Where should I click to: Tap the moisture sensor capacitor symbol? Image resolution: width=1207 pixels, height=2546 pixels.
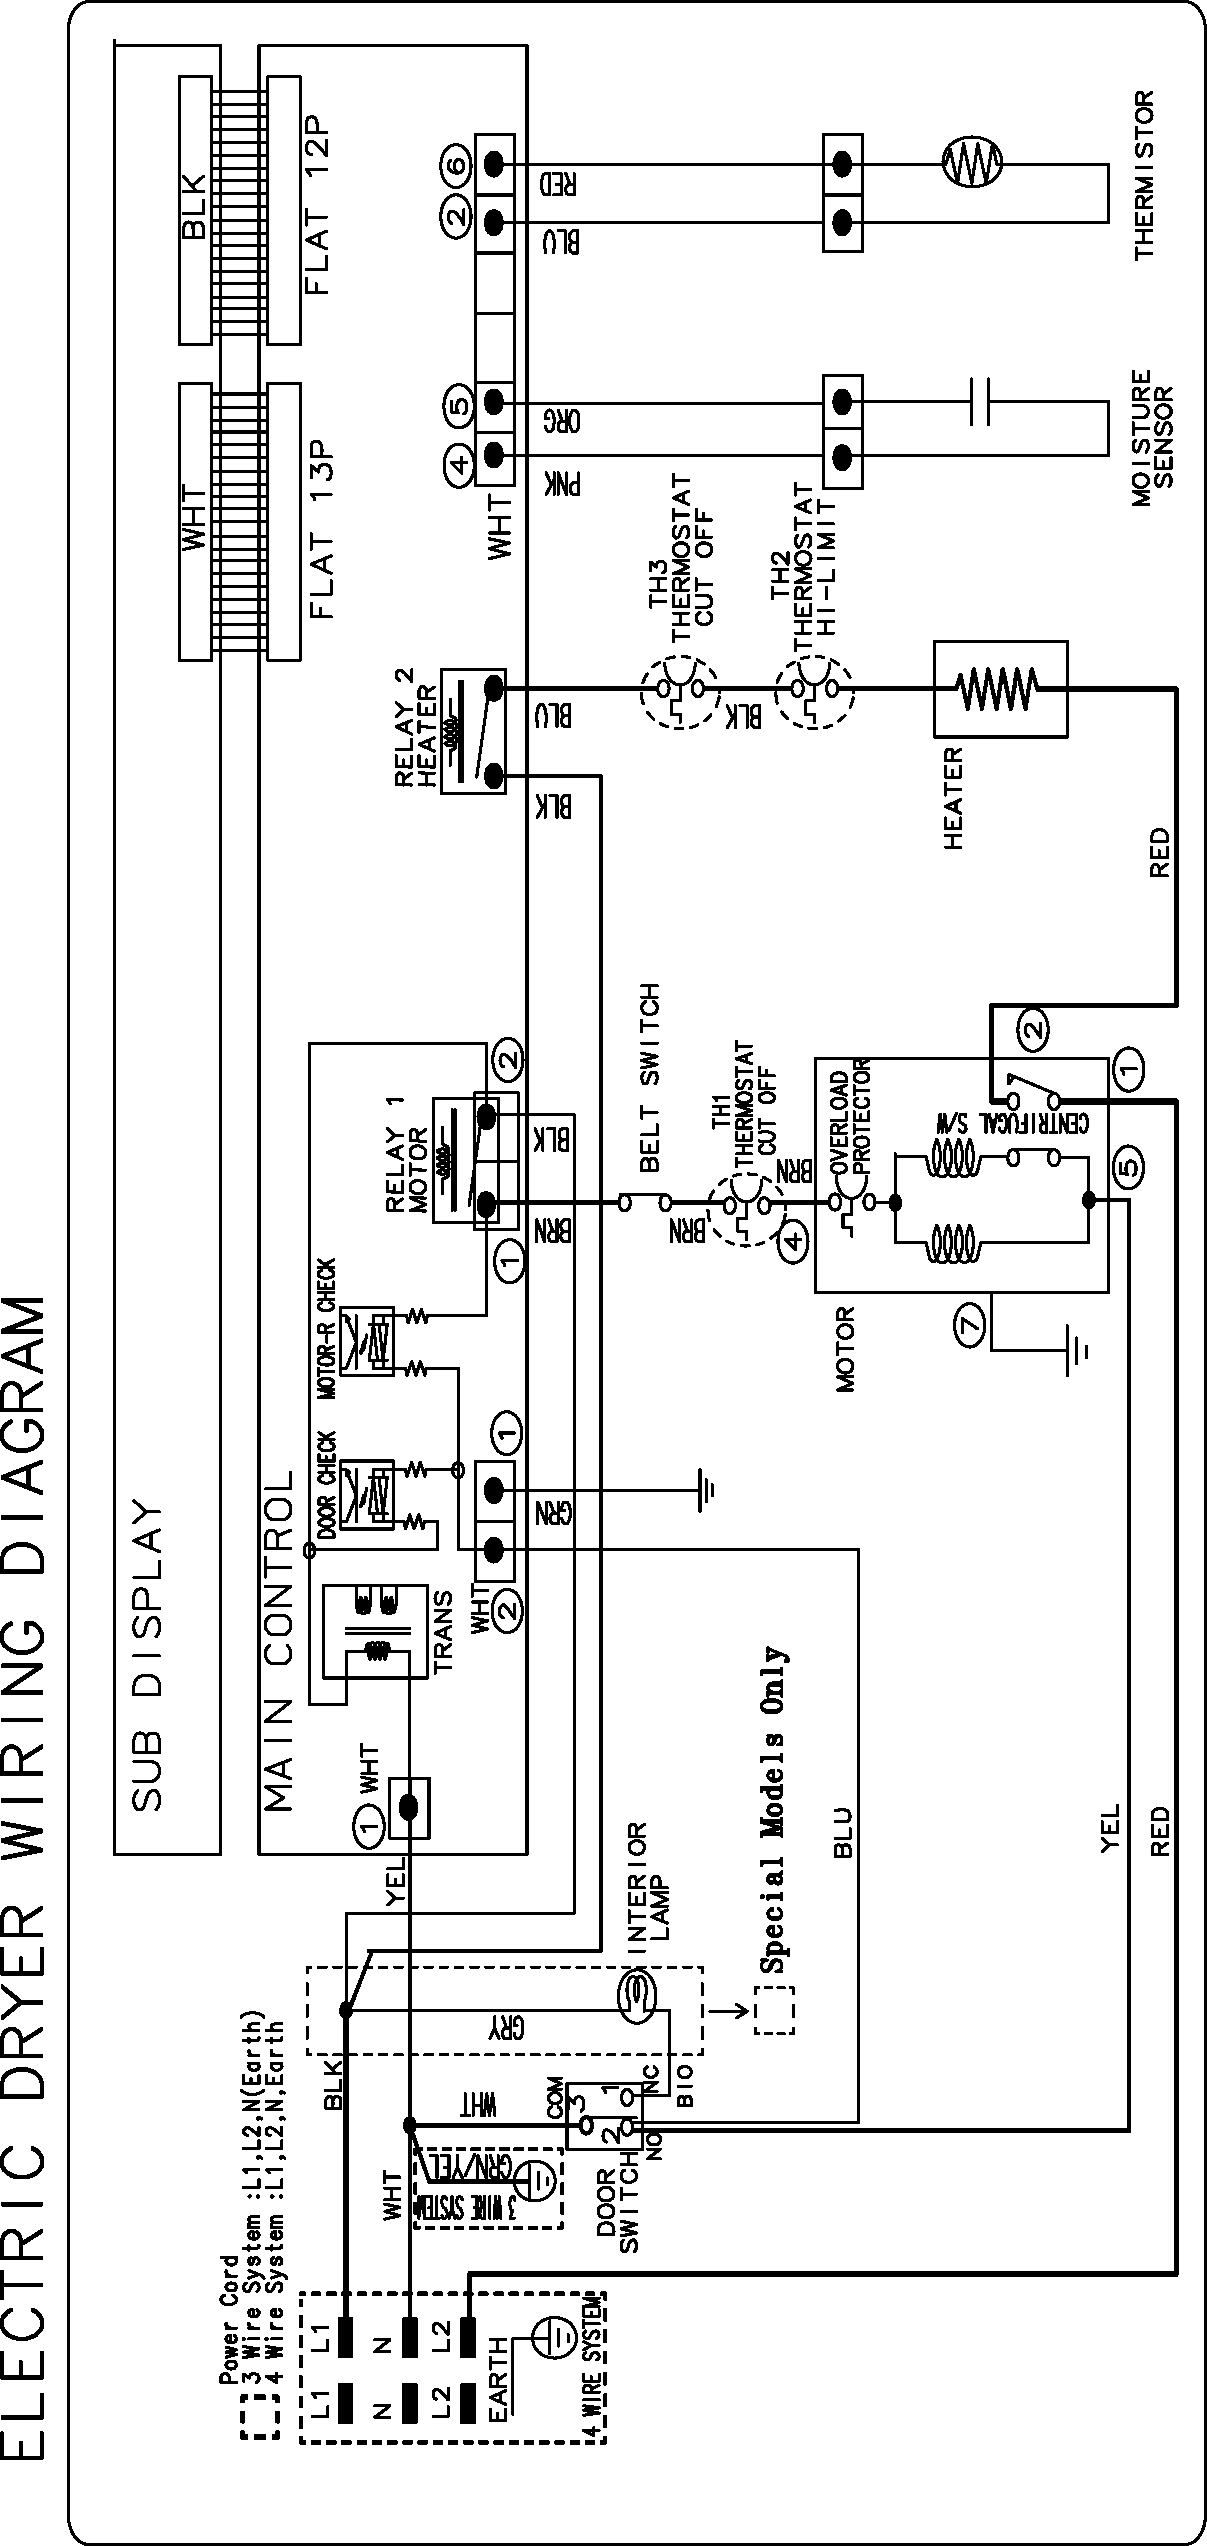pos(980,402)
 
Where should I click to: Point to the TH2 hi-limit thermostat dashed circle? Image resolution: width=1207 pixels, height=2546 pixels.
pos(816,689)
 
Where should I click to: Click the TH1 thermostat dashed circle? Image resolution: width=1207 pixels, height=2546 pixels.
pos(746,1204)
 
